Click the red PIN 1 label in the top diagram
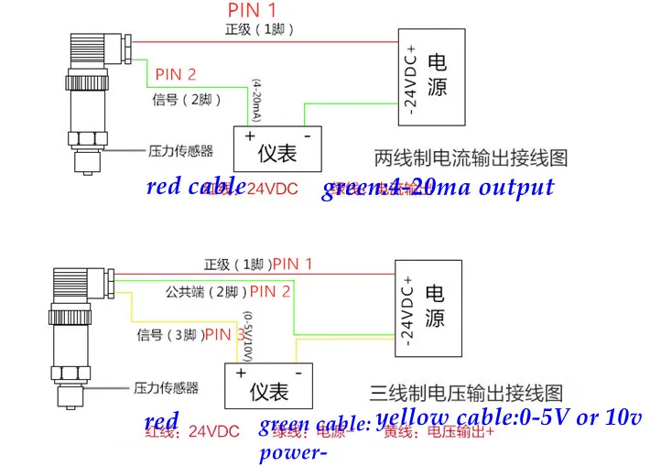[252, 10]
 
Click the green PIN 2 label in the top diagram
[176, 74]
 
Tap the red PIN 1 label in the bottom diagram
[293, 265]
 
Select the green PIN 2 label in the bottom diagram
[270, 292]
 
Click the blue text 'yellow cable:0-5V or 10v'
[509, 417]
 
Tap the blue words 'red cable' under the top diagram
[195, 187]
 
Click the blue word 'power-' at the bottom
[293, 452]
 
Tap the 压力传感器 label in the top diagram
[180, 149]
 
